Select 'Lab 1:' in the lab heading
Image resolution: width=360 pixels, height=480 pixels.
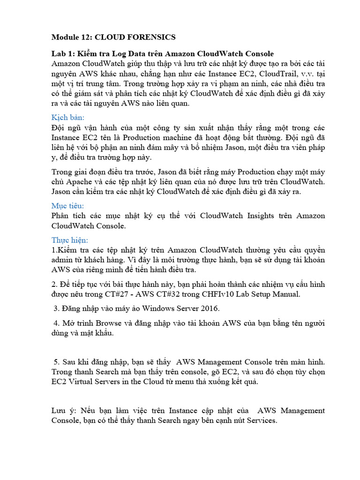click(x=63, y=54)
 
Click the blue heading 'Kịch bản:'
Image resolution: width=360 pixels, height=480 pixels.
click(x=67, y=117)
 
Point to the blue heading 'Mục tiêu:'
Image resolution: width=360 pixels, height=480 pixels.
click(x=67, y=205)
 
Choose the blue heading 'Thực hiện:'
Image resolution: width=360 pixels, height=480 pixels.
click(x=70, y=240)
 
